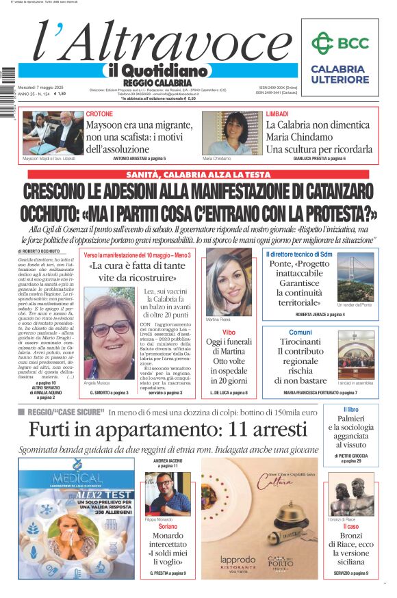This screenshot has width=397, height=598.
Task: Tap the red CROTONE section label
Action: coord(100,114)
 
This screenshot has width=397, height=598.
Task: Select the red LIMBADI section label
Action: coord(277,114)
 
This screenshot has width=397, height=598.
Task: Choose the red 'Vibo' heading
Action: coord(229,332)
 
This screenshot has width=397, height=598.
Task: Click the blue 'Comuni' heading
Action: coord(300,332)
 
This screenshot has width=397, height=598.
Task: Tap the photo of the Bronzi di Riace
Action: coord(351,495)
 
